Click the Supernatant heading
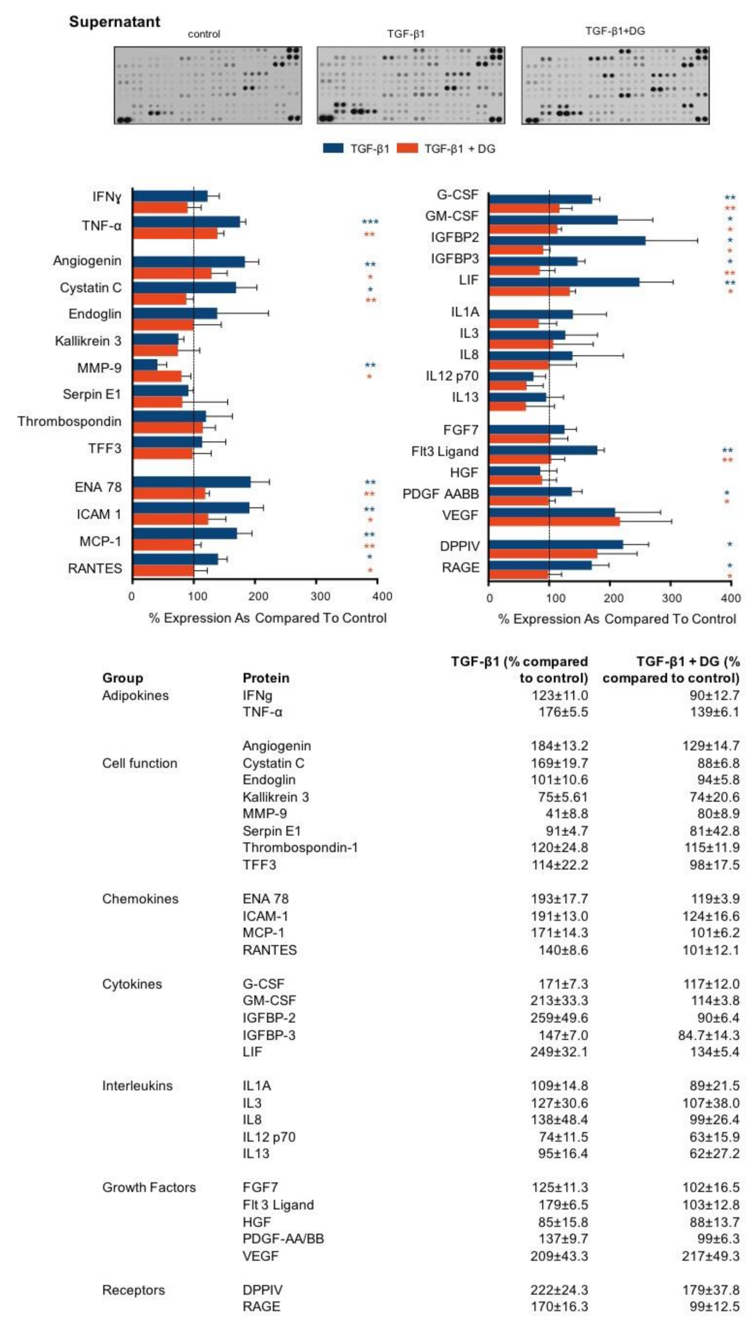(114, 22)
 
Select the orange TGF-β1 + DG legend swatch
(407, 148)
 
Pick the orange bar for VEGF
(554, 521)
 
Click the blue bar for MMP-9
(145, 365)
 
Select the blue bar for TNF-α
(186, 222)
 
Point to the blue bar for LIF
(564, 282)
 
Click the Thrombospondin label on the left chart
(69, 421)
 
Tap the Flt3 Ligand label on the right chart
(445, 451)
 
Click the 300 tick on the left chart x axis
(320, 596)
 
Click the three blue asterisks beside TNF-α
(370, 222)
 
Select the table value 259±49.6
(559, 1018)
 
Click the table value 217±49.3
(710, 1256)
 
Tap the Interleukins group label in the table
(137, 1086)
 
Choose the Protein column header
(266, 678)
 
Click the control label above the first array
(204, 34)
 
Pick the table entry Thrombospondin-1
(300, 847)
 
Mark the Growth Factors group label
(149, 1187)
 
